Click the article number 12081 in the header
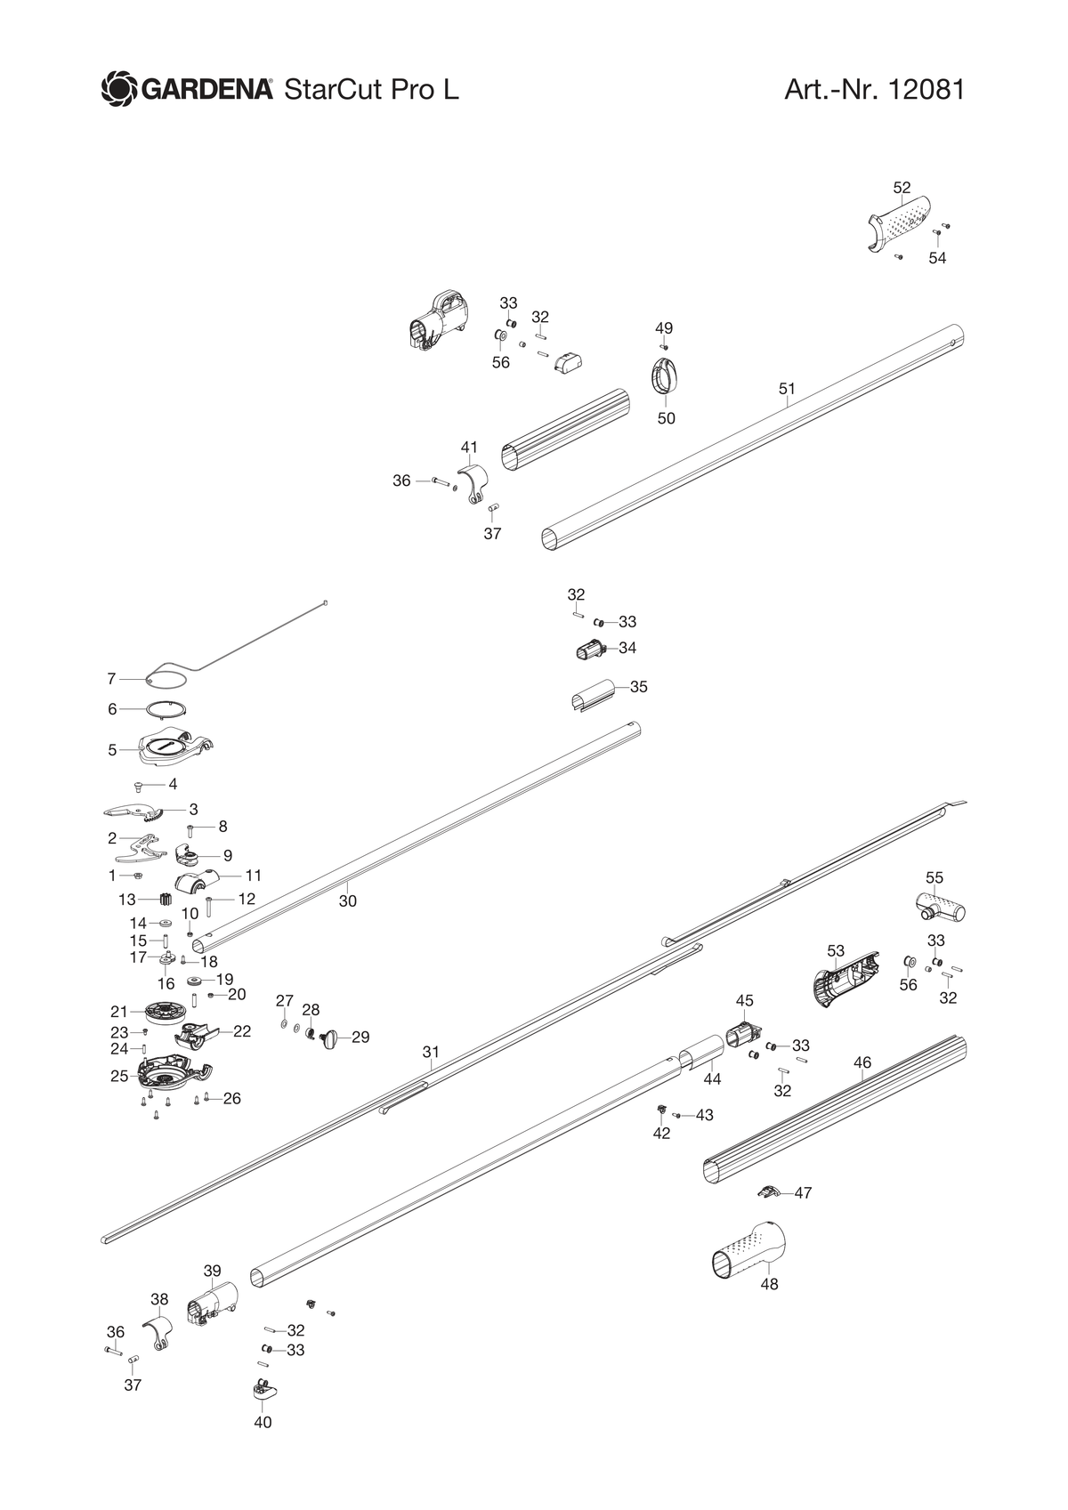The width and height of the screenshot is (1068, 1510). (x=926, y=90)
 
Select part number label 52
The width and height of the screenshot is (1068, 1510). (x=902, y=188)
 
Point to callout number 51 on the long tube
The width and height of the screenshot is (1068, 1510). (x=787, y=388)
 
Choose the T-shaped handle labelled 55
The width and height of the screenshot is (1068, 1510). (x=940, y=908)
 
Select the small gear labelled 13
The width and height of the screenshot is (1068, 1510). (x=166, y=900)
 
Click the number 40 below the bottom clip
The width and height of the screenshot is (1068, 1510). (x=263, y=1421)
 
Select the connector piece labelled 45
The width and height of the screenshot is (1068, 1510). (x=744, y=1033)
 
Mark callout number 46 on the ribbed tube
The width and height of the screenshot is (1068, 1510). (x=862, y=1062)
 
